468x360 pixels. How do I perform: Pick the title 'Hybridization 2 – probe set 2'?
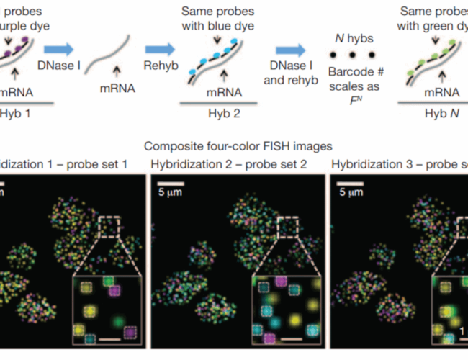coord(228,164)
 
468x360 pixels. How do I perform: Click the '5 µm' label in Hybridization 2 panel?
coord(171,193)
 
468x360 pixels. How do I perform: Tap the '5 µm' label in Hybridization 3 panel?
coord(351,193)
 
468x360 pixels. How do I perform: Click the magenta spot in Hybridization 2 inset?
coord(269,337)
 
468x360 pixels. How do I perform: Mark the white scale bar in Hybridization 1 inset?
coord(109,337)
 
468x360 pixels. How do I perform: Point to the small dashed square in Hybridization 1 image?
coord(108,227)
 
